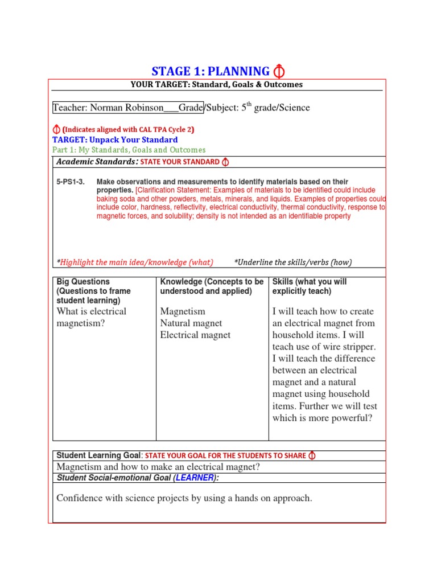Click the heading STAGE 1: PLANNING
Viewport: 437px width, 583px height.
click(x=211, y=71)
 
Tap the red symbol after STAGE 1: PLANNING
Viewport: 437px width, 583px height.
click(x=279, y=71)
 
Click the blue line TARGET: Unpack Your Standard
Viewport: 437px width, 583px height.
click(x=115, y=139)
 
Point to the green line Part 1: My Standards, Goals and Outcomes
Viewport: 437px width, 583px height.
click(x=129, y=150)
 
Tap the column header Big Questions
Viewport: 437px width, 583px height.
click(x=83, y=282)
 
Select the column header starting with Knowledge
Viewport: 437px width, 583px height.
click(x=212, y=286)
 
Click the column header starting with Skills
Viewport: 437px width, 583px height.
click(x=310, y=286)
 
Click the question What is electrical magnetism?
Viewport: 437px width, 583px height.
click(x=92, y=317)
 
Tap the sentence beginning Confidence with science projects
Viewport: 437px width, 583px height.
click(x=184, y=498)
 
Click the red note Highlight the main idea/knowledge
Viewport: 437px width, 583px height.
click(x=135, y=262)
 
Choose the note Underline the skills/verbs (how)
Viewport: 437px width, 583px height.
click(x=292, y=262)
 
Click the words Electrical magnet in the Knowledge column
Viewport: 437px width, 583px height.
click(x=195, y=335)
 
